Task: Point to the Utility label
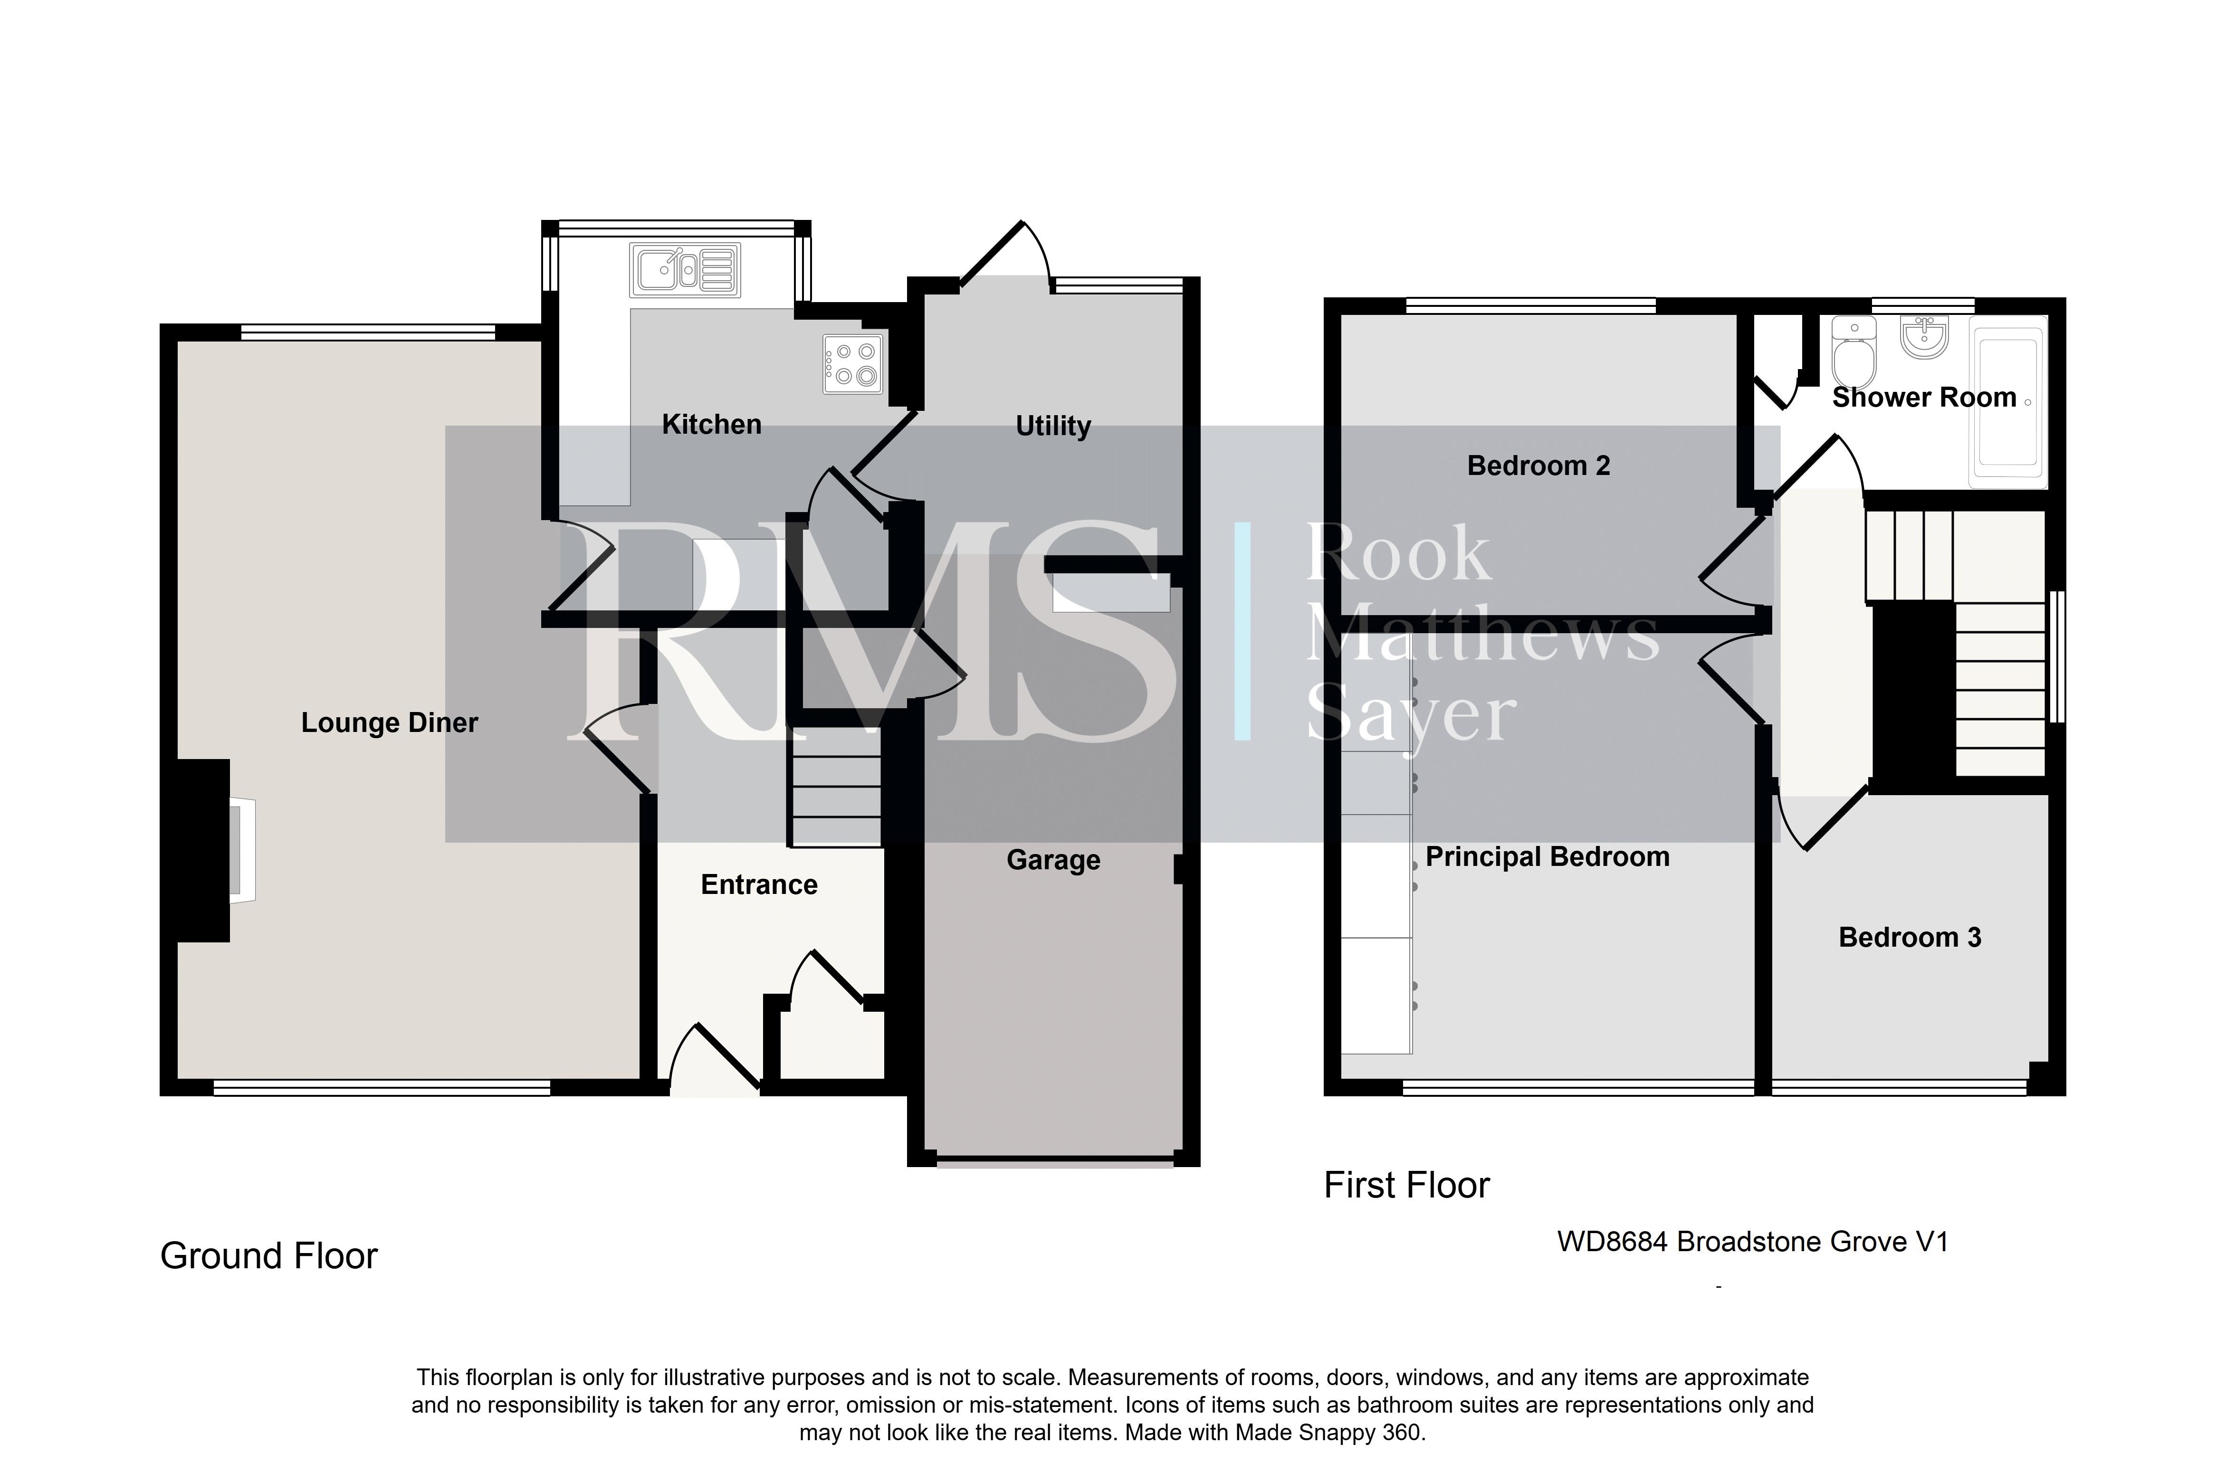point(1053,426)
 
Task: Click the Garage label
point(1053,860)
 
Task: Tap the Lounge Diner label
point(390,723)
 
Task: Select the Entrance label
point(759,884)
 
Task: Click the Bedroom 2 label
point(1538,466)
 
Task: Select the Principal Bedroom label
point(1548,857)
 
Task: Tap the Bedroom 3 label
point(1910,938)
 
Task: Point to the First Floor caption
point(1406,1185)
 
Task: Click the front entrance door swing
point(716,1059)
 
